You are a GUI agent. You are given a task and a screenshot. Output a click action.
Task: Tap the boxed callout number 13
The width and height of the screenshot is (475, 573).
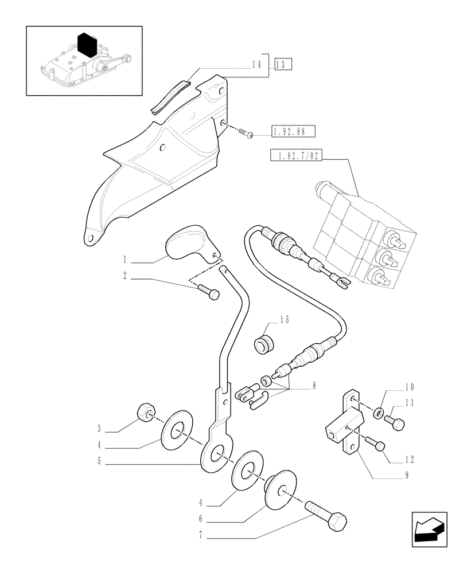pos(283,64)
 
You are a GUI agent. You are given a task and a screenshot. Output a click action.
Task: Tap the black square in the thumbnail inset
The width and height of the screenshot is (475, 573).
pos(86,46)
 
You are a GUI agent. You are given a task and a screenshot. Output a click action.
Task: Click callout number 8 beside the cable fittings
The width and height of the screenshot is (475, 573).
pos(314,386)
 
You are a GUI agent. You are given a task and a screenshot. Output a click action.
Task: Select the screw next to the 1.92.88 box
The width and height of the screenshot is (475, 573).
pos(247,133)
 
